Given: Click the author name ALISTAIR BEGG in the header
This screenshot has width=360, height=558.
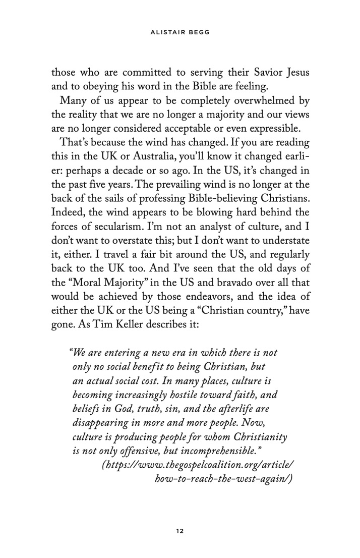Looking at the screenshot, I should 179,34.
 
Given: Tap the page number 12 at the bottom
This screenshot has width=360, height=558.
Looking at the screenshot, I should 179,530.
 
